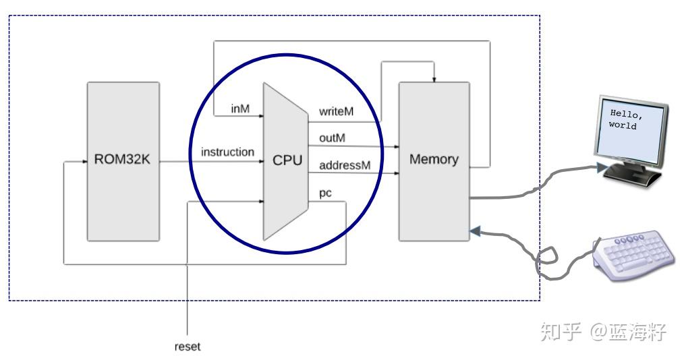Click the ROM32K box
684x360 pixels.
123,161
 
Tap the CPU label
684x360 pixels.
287,161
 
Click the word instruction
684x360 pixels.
227,152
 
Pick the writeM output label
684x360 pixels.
336,112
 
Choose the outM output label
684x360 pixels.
333,138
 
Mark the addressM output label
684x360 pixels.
344,164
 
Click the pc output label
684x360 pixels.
325,193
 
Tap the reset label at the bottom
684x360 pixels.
188,347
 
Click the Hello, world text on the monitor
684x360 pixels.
625,119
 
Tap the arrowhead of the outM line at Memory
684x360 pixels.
395,146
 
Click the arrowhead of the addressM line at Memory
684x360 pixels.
395,173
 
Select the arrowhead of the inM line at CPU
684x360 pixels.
260,116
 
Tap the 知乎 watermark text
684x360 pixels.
562,332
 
